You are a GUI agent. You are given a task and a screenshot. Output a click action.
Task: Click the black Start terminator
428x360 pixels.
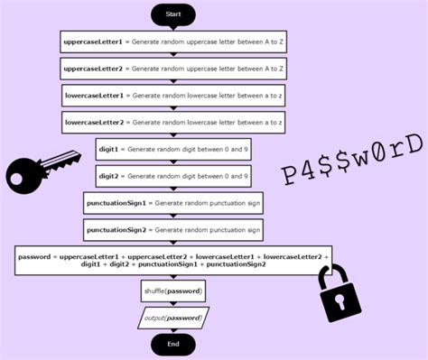click(173, 14)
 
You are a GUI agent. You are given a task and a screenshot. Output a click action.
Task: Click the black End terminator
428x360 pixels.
click(173, 344)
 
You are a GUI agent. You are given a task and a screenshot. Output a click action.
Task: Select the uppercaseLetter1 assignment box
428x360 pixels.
click(173, 42)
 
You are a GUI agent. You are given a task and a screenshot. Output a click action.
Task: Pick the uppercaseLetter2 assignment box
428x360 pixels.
click(173, 69)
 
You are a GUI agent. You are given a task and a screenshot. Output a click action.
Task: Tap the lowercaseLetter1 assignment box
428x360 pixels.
click(173, 95)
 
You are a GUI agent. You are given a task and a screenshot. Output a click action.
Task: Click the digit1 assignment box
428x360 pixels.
click(173, 149)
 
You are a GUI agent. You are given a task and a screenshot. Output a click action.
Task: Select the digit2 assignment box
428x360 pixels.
click(173, 176)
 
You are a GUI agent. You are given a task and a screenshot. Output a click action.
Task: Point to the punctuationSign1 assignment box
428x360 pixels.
click(173, 203)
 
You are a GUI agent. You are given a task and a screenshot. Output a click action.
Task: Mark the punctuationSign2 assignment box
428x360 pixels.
click(173, 230)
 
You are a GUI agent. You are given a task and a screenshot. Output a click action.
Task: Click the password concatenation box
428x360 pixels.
click(173, 261)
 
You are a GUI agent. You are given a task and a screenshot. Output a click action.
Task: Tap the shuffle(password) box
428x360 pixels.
click(173, 291)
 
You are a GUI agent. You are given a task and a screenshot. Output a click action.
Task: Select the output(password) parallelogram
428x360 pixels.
click(173, 318)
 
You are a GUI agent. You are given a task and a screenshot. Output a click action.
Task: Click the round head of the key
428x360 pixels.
click(23, 171)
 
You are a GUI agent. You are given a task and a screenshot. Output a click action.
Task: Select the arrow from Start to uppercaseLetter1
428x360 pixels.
click(173, 29)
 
